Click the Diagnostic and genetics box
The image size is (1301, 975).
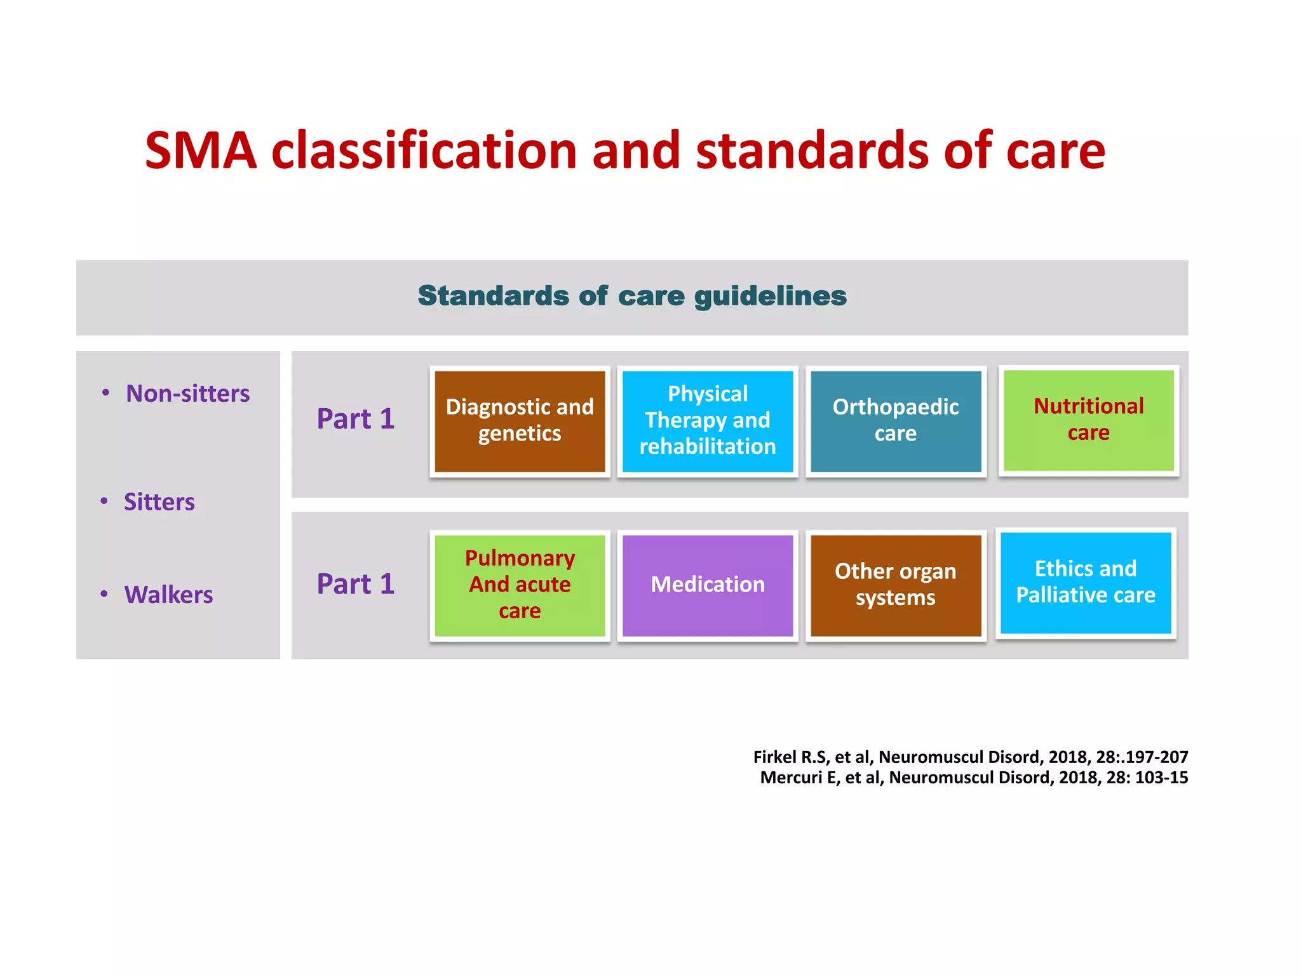point(520,421)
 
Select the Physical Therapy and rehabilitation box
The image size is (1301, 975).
point(708,421)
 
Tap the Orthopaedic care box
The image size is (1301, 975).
point(896,421)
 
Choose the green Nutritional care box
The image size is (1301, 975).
point(1088,420)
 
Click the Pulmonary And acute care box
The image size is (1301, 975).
point(520,585)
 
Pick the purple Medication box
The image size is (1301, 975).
point(708,585)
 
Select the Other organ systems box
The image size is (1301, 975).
point(896,585)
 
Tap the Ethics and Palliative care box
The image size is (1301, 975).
point(1086,582)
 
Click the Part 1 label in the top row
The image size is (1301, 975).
point(355,419)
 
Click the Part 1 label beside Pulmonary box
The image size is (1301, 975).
point(355,584)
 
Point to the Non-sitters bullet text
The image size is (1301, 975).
point(187,394)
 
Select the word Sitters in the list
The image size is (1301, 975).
point(159,502)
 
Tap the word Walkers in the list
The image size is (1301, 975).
point(168,595)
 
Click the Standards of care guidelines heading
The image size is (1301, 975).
point(632,296)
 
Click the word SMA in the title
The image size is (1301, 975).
point(201,151)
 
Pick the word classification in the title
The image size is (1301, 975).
point(424,151)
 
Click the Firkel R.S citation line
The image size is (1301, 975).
point(970,757)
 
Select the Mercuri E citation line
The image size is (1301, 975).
point(974,778)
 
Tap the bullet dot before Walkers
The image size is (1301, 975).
point(104,594)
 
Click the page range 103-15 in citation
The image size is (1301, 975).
point(1161,778)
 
